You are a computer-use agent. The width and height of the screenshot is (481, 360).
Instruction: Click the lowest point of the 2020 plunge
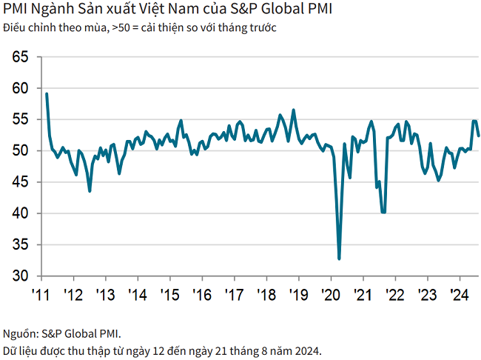339,259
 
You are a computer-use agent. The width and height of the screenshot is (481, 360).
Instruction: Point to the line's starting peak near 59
47,94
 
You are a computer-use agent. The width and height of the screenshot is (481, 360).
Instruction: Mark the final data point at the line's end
479,136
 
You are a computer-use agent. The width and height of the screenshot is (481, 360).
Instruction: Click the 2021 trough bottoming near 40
383,212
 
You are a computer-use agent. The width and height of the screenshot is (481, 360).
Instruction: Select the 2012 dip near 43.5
90,191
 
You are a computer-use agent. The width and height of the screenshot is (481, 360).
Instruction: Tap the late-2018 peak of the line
294,110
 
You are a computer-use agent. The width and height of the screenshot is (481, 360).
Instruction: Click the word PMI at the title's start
16,12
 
